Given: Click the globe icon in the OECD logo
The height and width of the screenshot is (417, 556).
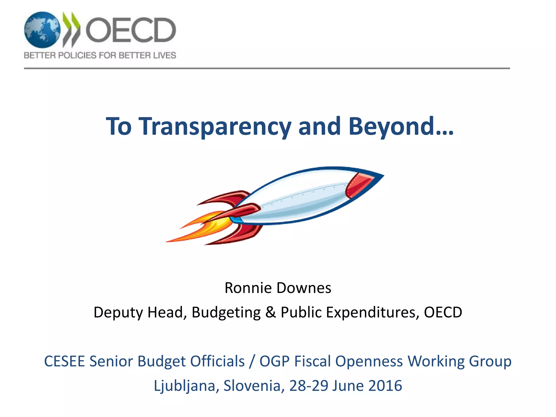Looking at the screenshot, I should (x=42, y=30).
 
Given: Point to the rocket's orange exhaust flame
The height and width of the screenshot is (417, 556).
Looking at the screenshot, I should (x=201, y=227).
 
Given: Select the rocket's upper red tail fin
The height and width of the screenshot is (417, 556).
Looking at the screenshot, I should (x=228, y=198).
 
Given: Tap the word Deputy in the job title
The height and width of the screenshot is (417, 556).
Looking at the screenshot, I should (x=118, y=312).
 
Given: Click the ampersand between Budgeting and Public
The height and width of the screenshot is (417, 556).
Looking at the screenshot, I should (x=270, y=312).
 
